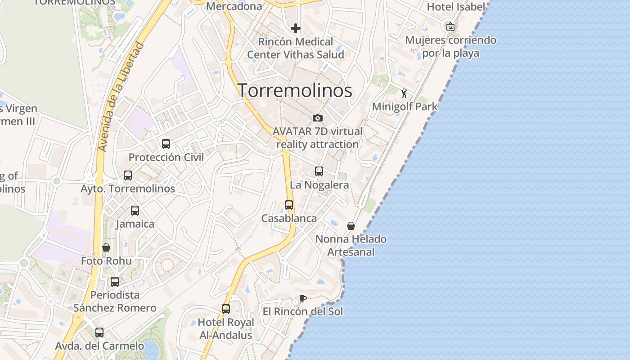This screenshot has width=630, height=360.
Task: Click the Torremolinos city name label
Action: coord(295,90)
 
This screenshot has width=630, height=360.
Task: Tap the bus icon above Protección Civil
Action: coord(166,144)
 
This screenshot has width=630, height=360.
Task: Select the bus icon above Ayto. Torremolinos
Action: coord(128,175)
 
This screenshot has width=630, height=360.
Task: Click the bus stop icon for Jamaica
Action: coord(135,211)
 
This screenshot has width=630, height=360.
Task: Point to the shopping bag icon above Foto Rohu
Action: coord(106,247)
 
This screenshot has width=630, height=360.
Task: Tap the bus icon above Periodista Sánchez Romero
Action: coord(115,282)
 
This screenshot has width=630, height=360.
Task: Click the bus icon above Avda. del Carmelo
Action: coord(99,333)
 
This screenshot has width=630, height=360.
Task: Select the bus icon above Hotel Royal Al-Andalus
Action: coord(226,309)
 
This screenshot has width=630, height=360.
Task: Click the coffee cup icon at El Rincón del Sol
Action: coord(303,298)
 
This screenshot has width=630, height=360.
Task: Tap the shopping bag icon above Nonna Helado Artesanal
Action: coord(351,226)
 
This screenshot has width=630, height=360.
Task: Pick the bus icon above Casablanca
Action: coord(289,205)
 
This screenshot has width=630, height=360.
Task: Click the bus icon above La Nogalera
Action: coord(319,171)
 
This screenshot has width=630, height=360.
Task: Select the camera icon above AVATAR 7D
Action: coord(318,118)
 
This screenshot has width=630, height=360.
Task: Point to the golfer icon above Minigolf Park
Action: coord(404,94)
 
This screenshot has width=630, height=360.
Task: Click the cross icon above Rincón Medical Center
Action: coord(296,29)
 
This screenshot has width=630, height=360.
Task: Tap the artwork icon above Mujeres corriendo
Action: coord(450,27)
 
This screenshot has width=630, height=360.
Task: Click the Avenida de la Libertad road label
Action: coord(120,97)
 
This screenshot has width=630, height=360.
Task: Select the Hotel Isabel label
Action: coord(456,7)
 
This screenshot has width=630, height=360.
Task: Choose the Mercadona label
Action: coord(234,6)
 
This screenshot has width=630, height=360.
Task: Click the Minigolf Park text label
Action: coord(405,107)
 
